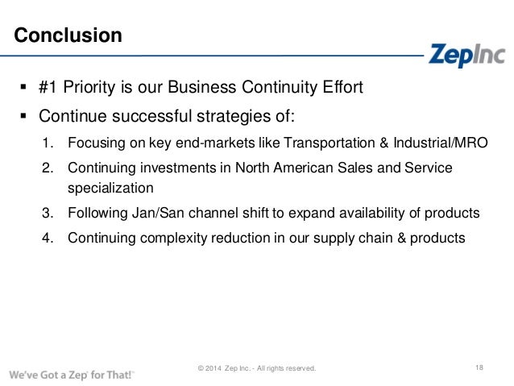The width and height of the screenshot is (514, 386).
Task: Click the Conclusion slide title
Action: [68, 36]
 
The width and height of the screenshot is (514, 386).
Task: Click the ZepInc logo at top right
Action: [466, 54]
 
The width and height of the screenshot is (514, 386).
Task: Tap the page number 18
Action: [479, 368]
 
